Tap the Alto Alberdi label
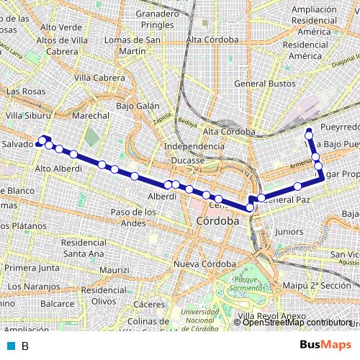pyautogui.click(x=58, y=168)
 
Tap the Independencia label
pyautogui.click(x=194, y=146)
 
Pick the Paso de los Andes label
pyautogui.click(x=132, y=217)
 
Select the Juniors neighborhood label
pyautogui.click(x=289, y=232)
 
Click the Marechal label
pyautogui.click(x=91, y=115)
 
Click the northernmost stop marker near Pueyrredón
pyautogui.click(x=309, y=131)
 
